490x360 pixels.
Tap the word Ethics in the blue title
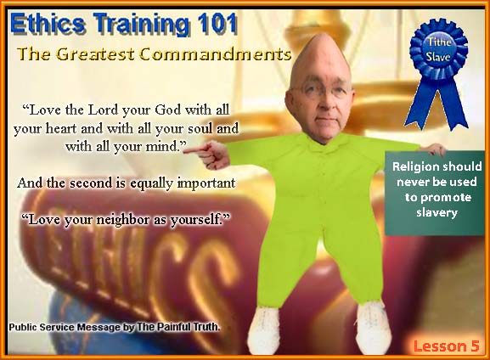[48, 24]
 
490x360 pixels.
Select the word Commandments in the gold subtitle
[216, 54]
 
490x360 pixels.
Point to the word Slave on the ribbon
[438, 57]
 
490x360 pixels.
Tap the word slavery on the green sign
[436, 212]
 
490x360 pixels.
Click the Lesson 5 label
[446, 346]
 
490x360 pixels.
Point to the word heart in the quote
[61, 128]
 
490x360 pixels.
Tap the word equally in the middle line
[151, 183]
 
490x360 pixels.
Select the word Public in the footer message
[22, 327]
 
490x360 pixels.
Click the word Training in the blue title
[141, 25]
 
